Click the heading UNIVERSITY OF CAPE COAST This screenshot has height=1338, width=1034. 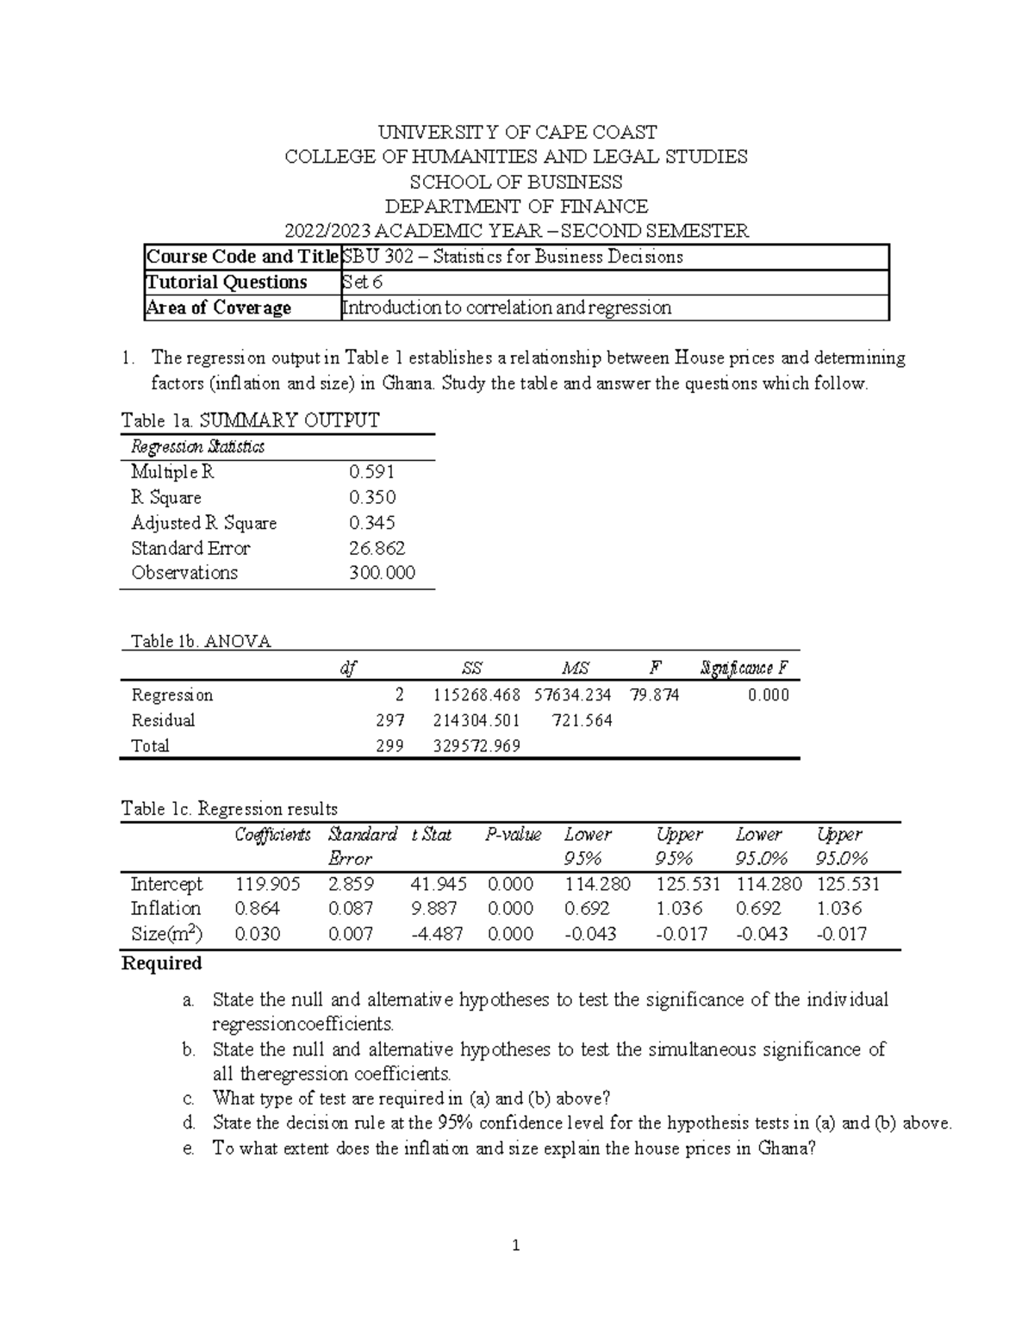tap(517, 132)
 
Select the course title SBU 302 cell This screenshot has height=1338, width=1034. tap(513, 257)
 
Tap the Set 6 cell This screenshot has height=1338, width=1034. tap(363, 283)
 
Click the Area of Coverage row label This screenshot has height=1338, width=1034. tap(219, 308)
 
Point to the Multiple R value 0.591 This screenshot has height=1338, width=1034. tap(371, 472)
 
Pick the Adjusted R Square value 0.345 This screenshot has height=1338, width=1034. tap(371, 523)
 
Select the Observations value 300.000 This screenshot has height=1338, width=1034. tap(381, 573)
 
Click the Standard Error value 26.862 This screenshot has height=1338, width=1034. tap(376, 548)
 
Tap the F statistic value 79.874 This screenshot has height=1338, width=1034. tap(654, 694)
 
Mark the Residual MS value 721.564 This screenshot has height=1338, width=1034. tap(575, 720)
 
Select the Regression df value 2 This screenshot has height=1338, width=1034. tap(399, 694)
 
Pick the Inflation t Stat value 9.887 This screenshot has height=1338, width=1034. tap(434, 909)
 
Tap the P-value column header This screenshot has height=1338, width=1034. tap(513, 834)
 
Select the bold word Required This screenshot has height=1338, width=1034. tap(162, 963)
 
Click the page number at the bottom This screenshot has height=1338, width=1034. tap(515, 1246)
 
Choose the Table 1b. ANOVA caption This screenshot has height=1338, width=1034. tap(200, 642)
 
